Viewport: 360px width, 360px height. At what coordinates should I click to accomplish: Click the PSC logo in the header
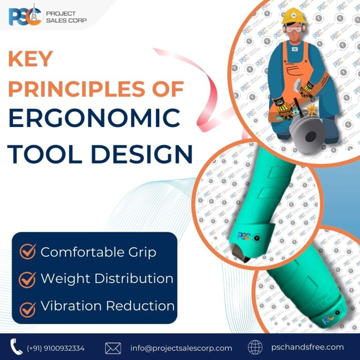(x=24, y=17)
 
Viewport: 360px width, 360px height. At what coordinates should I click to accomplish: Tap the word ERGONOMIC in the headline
(x=94, y=119)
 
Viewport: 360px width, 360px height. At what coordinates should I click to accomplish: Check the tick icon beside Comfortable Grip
(x=28, y=252)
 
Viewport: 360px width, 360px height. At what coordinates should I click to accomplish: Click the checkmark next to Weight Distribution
(x=28, y=278)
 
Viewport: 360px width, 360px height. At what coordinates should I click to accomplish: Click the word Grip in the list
(x=139, y=252)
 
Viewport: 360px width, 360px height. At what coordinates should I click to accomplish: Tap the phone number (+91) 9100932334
(x=56, y=348)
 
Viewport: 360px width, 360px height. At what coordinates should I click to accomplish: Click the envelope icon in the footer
(x=113, y=348)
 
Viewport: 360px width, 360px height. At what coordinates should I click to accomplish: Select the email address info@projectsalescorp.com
(x=181, y=348)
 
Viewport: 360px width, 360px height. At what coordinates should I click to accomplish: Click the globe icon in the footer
(x=255, y=347)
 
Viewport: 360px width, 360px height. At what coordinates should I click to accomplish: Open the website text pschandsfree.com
(x=307, y=347)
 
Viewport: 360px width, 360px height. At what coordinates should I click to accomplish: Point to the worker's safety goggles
(x=293, y=29)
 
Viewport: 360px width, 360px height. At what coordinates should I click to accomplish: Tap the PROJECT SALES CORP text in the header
(x=66, y=17)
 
